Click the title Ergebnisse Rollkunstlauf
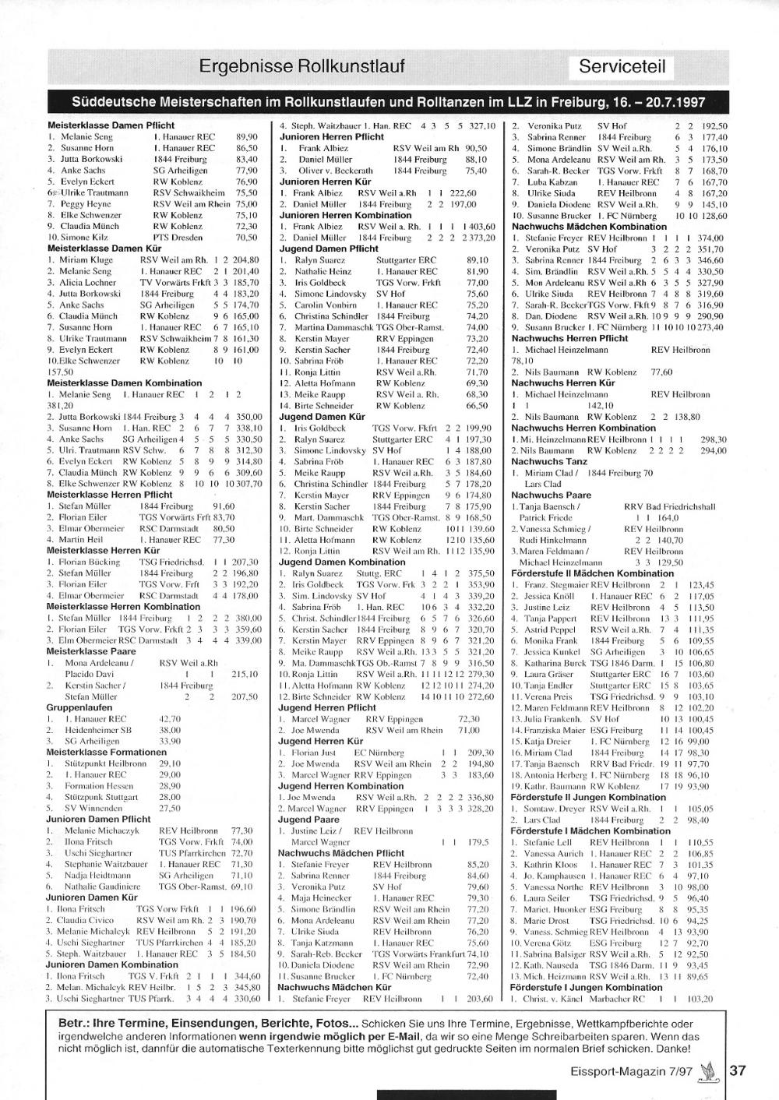pos(301,66)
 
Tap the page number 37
pos(737,1070)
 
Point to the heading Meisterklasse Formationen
pos(106,753)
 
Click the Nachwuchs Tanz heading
pos(549,461)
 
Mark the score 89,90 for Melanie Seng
pos(246,136)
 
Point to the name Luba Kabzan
pos(552,182)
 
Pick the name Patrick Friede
pos(545,517)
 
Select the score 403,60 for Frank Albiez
pos(481,226)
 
